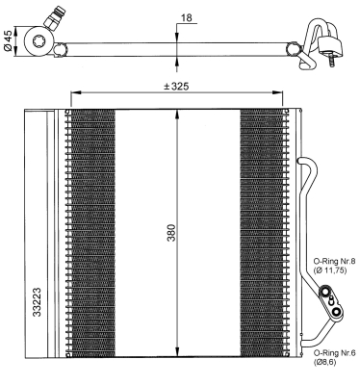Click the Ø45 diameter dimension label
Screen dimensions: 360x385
8,40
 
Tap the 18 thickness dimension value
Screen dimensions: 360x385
187,17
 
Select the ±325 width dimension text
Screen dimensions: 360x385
176,87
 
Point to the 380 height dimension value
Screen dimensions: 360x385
171,233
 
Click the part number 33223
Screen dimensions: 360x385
38,302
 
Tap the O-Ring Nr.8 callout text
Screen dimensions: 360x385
334,262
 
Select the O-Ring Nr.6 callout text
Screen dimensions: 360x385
334,353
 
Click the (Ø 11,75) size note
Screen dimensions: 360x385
330,270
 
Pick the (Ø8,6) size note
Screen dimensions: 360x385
324,362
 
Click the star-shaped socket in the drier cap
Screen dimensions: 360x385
39,40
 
